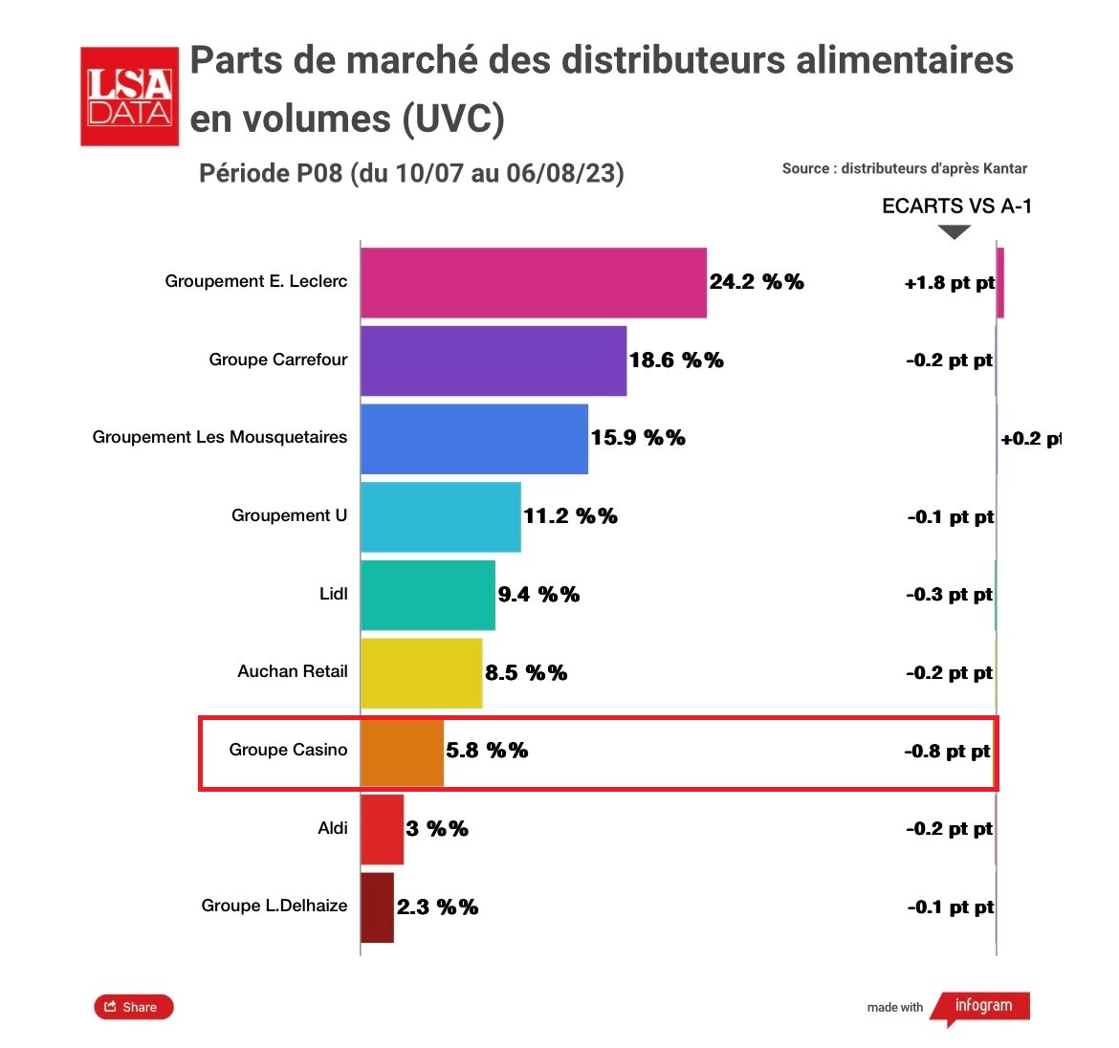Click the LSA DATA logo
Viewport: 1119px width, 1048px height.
129,96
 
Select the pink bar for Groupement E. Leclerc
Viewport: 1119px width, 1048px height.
533,283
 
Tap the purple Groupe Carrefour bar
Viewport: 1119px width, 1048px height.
493,360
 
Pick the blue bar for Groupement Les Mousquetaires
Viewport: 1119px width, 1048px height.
473,439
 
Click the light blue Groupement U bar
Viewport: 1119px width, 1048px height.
440,516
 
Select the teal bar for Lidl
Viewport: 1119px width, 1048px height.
428,595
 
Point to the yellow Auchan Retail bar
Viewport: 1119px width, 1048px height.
421,673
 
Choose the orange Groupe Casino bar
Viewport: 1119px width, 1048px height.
402,751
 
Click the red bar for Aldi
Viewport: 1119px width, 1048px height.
382,829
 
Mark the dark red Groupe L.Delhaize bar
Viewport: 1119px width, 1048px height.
377,907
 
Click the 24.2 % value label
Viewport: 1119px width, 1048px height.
756,282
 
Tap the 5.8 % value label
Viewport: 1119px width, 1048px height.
487,751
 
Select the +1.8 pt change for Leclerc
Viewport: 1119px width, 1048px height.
949,283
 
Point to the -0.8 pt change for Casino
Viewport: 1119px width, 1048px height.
947,752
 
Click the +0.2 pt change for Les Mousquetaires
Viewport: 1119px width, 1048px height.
1030,439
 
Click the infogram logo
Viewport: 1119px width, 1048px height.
981,1007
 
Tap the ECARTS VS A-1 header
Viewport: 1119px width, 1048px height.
956,207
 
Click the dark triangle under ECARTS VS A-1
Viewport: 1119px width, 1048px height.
954,231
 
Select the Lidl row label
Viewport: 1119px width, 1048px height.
333,594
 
